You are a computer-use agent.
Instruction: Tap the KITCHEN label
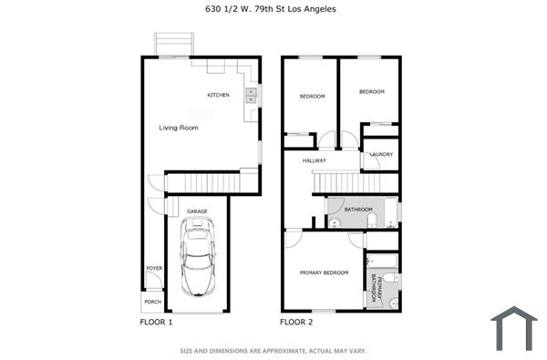(218, 96)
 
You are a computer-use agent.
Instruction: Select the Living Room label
(179, 128)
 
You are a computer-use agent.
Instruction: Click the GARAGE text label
(197, 211)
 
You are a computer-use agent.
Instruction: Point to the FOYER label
(153, 268)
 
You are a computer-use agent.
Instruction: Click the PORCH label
(153, 302)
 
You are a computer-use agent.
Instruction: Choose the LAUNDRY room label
(381, 154)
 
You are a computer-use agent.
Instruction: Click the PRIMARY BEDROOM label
(324, 273)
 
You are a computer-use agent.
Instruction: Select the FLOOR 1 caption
(156, 322)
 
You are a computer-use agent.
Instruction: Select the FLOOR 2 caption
(296, 322)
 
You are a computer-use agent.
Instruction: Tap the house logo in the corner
(514, 329)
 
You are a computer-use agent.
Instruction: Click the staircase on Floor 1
(209, 182)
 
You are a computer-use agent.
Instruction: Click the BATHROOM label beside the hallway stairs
(357, 209)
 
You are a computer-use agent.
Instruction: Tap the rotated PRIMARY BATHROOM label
(374, 289)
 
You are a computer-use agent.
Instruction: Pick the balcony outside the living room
(174, 44)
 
